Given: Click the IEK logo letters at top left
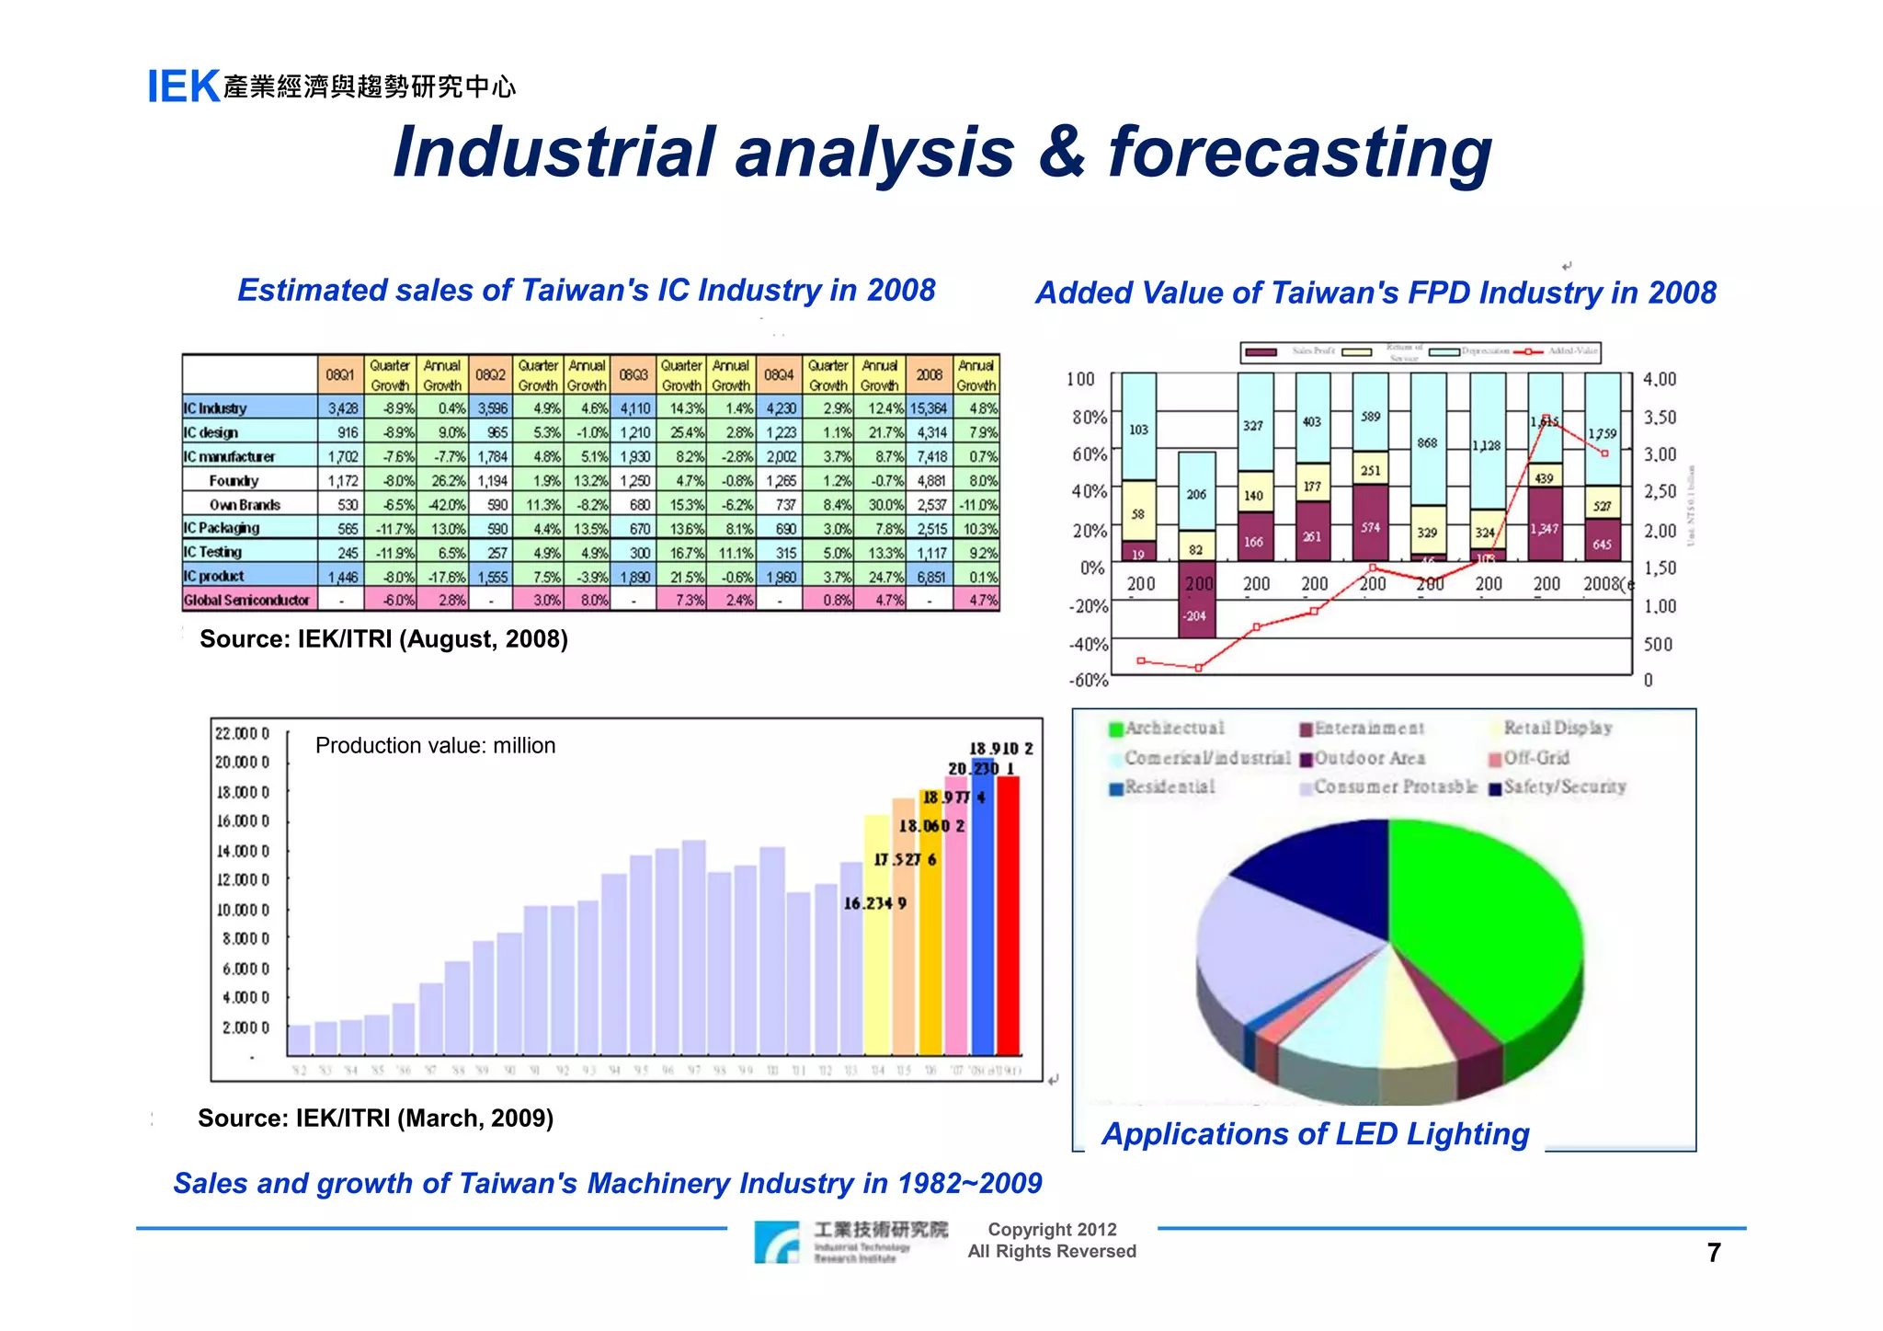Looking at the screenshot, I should click(x=183, y=87).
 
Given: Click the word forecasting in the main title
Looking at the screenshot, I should click(x=1299, y=152).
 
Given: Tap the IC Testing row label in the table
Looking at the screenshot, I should click(x=212, y=552).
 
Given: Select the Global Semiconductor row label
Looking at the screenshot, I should click(x=246, y=601).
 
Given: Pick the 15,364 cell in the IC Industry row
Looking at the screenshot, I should click(x=929, y=408).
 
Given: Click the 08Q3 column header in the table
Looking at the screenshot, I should click(x=633, y=375).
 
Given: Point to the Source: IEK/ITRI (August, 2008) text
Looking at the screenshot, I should click(x=383, y=639).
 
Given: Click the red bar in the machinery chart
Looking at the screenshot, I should click(x=1009, y=915).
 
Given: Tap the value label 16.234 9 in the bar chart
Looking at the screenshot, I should click(x=875, y=903).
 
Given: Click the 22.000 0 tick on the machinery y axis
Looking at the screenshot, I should click(x=242, y=733).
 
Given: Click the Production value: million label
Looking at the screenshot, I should click(x=435, y=745).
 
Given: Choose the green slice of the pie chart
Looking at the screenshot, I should click(x=1480, y=929).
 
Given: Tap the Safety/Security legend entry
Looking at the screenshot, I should click(x=1564, y=787).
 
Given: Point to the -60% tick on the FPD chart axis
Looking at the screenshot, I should click(x=1089, y=681).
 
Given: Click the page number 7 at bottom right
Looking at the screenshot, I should click(x=1713, y=1253).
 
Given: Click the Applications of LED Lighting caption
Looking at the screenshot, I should click(x=1315, y=1134).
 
